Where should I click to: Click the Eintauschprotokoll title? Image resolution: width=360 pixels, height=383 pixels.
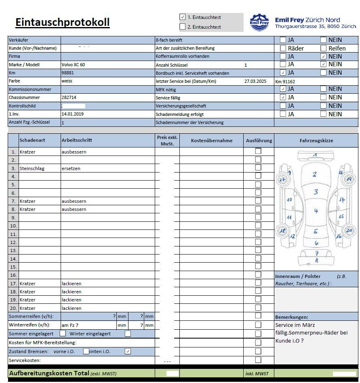click(62, 22)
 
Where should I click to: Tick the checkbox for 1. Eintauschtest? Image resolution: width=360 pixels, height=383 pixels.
click(183, 17)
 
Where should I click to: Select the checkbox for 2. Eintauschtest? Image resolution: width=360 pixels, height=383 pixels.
click(183, 27)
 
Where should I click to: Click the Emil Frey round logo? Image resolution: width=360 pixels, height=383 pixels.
click(259, 22)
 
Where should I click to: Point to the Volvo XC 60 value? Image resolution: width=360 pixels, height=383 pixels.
click(73, 65)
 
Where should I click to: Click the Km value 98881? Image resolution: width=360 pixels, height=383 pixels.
click(67, 73)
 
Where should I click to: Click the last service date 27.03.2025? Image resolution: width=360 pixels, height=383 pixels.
click(256, 81)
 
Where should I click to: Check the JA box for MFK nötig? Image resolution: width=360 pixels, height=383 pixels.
click(283, 89)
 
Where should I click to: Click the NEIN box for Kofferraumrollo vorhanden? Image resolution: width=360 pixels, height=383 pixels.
click(323, 56)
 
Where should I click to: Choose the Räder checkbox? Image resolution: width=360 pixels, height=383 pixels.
click(283, 48)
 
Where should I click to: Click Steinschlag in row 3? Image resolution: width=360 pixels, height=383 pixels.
click(32, 168)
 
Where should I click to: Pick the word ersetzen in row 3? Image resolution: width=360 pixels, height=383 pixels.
click(71, 168)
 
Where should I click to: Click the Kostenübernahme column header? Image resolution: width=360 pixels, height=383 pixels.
click(212, 141)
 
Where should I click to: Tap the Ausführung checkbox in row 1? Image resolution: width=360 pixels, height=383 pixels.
click(258, 151)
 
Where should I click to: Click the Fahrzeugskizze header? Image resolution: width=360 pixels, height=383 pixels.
click(316, 141)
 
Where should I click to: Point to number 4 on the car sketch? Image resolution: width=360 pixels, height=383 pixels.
click(316, 211)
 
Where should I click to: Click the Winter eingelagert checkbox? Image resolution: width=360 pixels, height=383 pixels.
click(128, 334)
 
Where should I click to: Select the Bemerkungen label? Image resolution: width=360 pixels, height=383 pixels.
click(291, 317)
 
